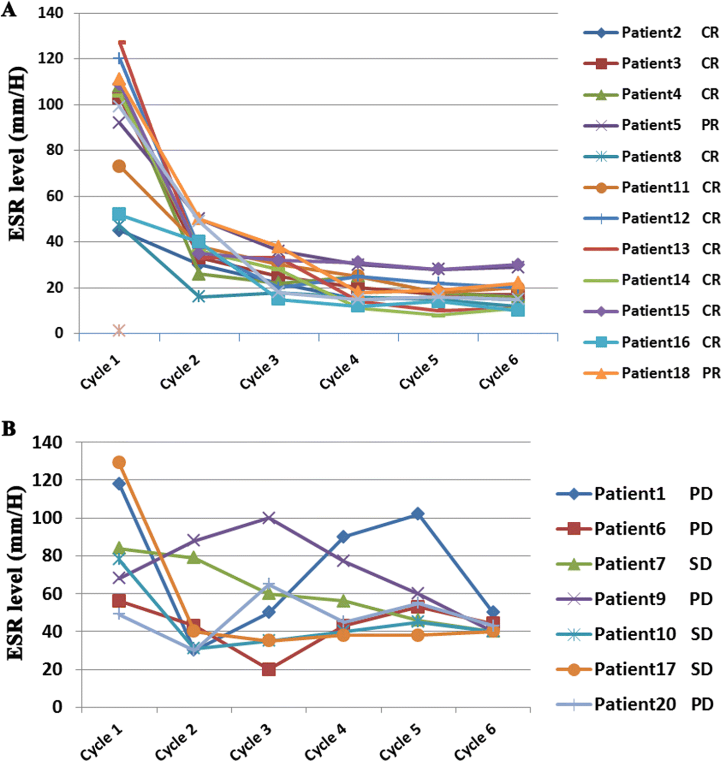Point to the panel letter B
[9, 429]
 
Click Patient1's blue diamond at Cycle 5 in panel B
[418, 514]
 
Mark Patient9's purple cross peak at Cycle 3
[268, 518]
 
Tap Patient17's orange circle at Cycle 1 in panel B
[119, 462]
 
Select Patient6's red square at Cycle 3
[268, 669]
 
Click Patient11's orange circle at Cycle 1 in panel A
[119, 166]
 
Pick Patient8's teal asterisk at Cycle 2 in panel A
[199, 297]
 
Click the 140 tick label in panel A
[50, 13]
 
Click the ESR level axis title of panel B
[17, 573]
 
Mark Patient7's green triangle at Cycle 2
[193, 558]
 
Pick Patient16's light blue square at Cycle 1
[119, 214]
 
